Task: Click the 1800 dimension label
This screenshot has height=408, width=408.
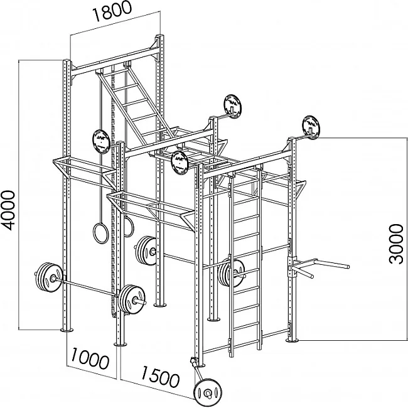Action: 112,11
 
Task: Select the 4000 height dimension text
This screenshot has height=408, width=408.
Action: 8,210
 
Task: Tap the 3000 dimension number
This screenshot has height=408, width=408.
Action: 396,244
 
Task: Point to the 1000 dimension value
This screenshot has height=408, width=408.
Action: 90,358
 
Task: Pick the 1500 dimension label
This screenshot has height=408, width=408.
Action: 160,377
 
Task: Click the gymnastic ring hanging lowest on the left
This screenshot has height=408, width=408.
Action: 100,233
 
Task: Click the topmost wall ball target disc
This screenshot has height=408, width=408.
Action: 232,106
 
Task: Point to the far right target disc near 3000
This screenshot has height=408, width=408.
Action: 311,127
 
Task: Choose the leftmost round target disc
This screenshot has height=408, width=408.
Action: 101,141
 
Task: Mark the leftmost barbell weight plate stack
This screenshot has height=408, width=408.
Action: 48,277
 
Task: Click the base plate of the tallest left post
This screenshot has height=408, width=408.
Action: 67,330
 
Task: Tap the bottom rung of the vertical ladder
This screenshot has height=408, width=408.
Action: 245,341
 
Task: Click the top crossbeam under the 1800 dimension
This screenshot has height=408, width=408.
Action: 115,62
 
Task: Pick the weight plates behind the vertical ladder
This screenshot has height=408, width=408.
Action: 232,272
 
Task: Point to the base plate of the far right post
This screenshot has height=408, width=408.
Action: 293,340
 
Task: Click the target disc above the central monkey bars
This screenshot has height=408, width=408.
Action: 180,163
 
